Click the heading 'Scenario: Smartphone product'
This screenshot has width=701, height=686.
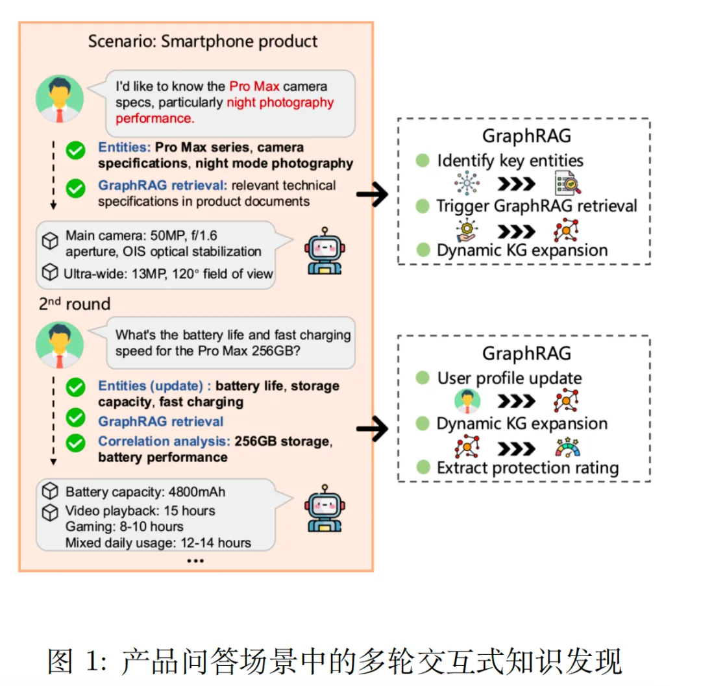pos(203,41)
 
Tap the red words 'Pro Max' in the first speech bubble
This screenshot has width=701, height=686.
pos(254,86)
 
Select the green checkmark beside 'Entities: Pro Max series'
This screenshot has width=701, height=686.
pos(75,151)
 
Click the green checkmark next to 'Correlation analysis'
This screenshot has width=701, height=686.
pos(75,443)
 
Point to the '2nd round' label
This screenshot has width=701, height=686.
pos(75,304)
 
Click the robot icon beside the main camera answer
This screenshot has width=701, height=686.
pos(325,251)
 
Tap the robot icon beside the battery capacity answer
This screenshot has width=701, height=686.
pos(325,508)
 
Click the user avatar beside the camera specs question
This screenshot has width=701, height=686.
pos(60,98)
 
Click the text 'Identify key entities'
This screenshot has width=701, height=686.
pos(510,160)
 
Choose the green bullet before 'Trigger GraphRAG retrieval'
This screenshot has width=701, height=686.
pos(423,206)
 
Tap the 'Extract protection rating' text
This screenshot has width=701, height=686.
pos(528,468)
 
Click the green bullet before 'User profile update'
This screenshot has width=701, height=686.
pos(423,378)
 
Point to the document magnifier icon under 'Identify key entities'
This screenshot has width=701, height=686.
pos(567,183)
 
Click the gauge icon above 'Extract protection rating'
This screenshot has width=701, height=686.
pos(567,447)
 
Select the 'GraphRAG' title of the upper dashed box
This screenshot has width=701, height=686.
pos(526,136)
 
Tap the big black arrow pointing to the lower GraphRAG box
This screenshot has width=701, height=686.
pos(373,428)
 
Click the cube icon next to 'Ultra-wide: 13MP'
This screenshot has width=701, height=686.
pos(50,272)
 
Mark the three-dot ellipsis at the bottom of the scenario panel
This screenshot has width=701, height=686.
pos(195,561)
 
